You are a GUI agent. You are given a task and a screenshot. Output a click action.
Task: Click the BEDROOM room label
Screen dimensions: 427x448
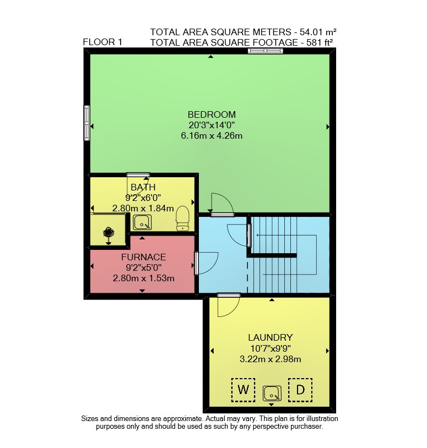point(212,114)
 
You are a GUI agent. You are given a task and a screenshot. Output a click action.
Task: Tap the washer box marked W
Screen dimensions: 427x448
point(243,390)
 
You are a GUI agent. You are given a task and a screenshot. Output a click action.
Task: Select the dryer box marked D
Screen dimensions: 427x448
point(300,390)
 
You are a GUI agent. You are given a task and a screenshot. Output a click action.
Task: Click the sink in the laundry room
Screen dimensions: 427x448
point(272,394)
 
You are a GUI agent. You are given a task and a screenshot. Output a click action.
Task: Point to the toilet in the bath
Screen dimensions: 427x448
point(182,218)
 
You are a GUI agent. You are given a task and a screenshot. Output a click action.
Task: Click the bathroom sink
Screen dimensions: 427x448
point(142,222)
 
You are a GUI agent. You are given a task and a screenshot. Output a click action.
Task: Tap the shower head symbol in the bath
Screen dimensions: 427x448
point(109,232)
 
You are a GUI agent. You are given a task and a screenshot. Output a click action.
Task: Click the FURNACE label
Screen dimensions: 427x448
point(144,257)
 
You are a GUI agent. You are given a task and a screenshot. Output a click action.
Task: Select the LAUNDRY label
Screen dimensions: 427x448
point(271,338)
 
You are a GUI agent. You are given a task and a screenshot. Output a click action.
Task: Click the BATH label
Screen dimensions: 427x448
point(143,188)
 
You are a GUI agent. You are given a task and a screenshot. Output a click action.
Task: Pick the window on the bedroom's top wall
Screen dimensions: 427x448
point(266,51)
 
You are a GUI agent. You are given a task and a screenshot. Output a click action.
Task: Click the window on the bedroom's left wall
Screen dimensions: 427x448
point(87,123)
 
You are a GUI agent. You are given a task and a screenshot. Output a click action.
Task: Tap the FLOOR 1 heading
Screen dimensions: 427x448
point(102,42)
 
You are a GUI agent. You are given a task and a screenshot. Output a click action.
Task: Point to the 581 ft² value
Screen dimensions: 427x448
point(320,42)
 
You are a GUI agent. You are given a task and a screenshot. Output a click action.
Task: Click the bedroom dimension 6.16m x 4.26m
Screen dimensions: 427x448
point(212,135)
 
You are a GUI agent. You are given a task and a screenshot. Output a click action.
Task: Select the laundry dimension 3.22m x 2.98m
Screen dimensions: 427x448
point(271,359)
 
